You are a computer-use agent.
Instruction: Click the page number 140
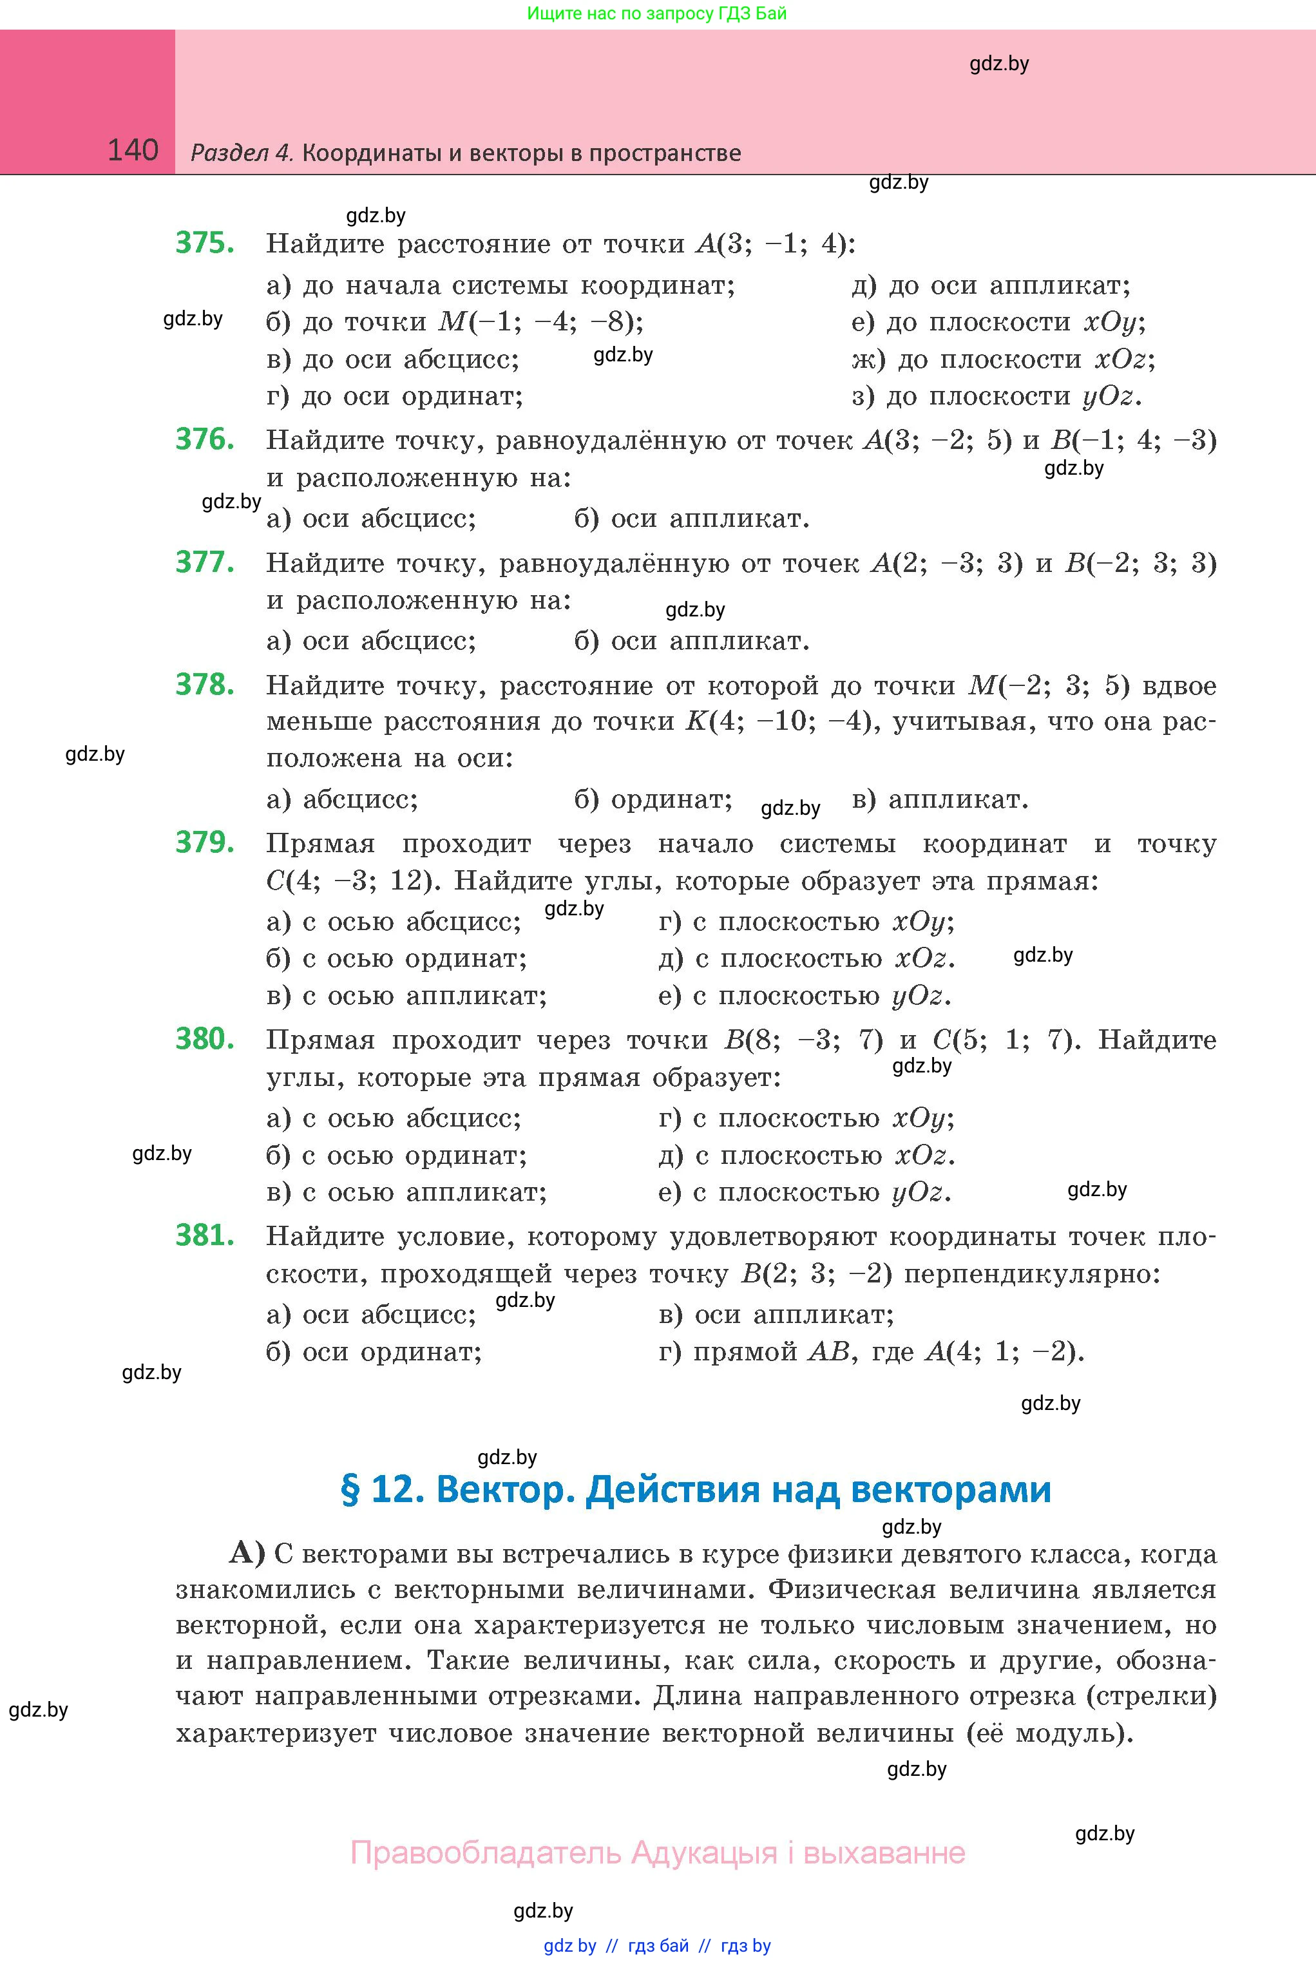[133, 150]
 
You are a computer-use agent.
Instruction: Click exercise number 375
[204, 243]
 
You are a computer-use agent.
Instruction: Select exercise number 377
[204, 562]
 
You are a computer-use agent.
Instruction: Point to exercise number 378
[204, 685]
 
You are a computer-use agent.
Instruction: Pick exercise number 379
[204, 843]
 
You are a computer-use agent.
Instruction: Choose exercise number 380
[204, 1039]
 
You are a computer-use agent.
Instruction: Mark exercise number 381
[204, 1235]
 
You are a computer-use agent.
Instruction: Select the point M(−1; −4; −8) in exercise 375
[540, 322]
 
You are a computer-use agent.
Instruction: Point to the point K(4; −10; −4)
[782, 721]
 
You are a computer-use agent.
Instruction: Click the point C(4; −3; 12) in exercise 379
[352, 881]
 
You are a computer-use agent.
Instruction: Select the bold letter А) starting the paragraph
[247, 1554]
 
